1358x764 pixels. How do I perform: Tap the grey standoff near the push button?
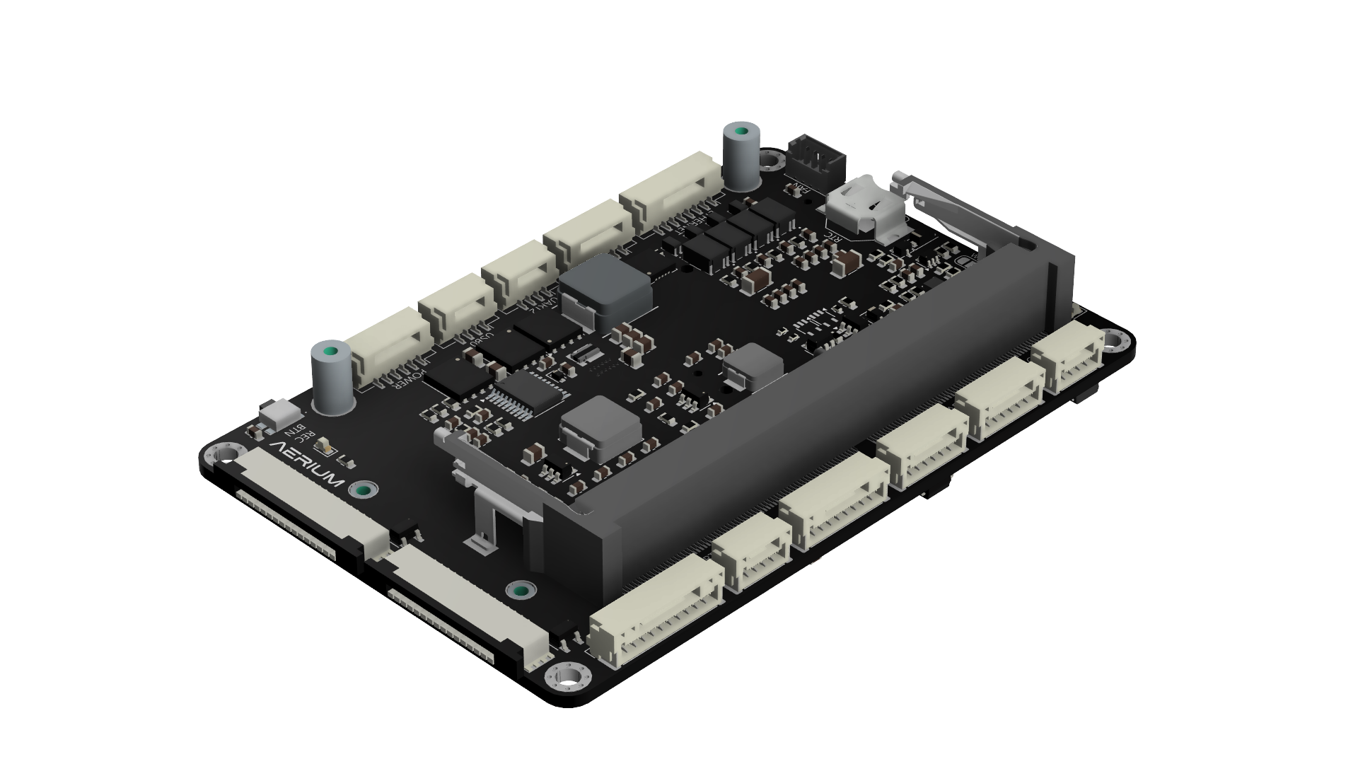coord(332,378)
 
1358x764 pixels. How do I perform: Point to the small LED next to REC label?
coord(327,445)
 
